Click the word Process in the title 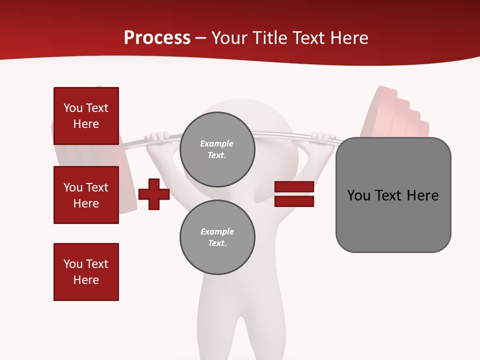tap(157, 38)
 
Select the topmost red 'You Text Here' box tap(86, 116)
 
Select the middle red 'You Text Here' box tap(86, 195)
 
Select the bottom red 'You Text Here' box tap(86, 272)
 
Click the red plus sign tap(154, 194)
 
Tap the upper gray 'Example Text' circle tap(217, 149)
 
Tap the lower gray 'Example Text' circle tap(217, 237)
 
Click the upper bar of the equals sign tap(294, 187)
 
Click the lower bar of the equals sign tap(294, 201)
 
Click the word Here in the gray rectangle tap(422, 195)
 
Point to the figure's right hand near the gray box tap(322, 136)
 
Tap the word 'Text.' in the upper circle tap(217, 155)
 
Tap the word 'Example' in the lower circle tap(217, 231)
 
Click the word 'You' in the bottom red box tap(72, 264)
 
